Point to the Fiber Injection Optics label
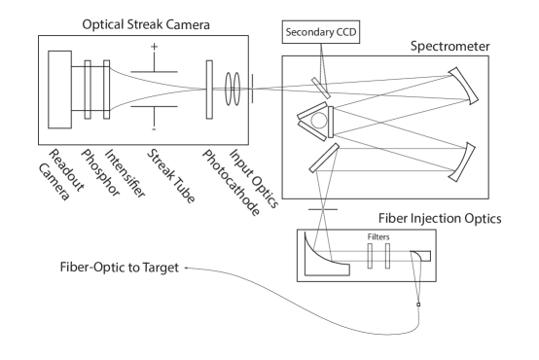[441, 220]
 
